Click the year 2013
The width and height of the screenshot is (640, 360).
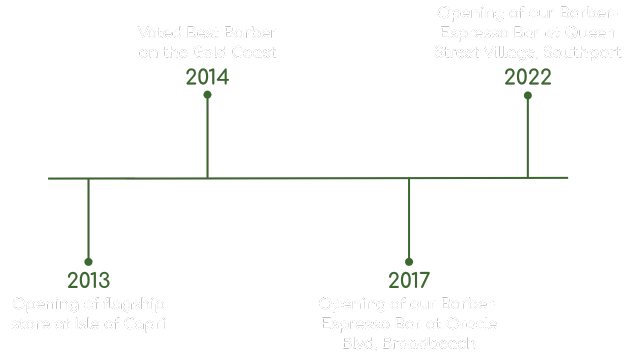pyautogui.click(x=88, y=281)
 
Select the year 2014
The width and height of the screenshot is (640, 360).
pyautogui.click(x=207, y=76)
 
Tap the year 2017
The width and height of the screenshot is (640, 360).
pyautogui.click(x=409, y=281)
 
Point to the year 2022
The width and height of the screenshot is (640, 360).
pyautogui.click(x=528, y=77)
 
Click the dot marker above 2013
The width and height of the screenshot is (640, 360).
pyautogui.click(x=88, y=261)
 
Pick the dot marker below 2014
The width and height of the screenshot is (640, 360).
pyautogui.click(x=207, y=95)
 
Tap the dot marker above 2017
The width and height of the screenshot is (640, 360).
pyautogui.click(x=409, y=261)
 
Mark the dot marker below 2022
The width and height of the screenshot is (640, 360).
pyautogui.click(x=528, y=96)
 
